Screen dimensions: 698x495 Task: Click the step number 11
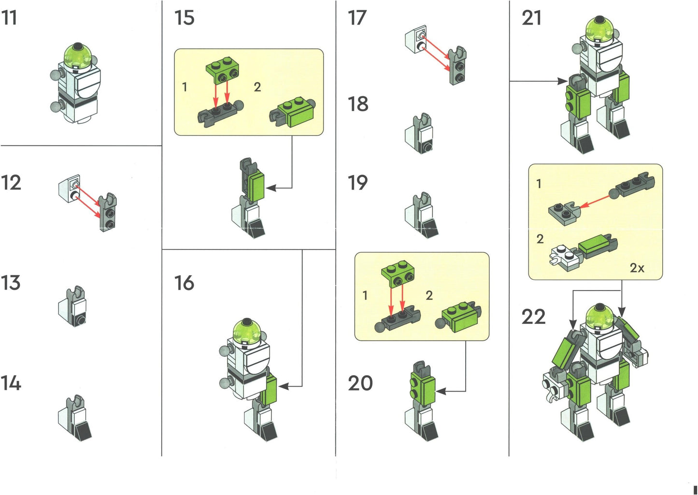click(9, 18)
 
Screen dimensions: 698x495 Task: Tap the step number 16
click(184, 283)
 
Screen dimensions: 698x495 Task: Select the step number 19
click(358, 183)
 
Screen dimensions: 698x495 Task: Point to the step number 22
click(533, 317)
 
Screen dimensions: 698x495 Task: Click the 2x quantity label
click(637, 268)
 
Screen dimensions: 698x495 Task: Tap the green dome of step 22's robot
click(600, 317)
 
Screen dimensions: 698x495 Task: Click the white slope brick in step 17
click(416, 41)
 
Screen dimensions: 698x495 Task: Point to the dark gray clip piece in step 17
click(457, 66)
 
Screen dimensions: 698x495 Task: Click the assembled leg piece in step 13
click(72, 306)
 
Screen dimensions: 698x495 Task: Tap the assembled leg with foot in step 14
click(75, 418)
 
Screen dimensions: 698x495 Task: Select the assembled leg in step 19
click(421, 216)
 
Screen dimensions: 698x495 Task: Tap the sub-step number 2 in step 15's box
click(257, 87)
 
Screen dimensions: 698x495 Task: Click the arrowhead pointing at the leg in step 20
click(441, 391)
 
